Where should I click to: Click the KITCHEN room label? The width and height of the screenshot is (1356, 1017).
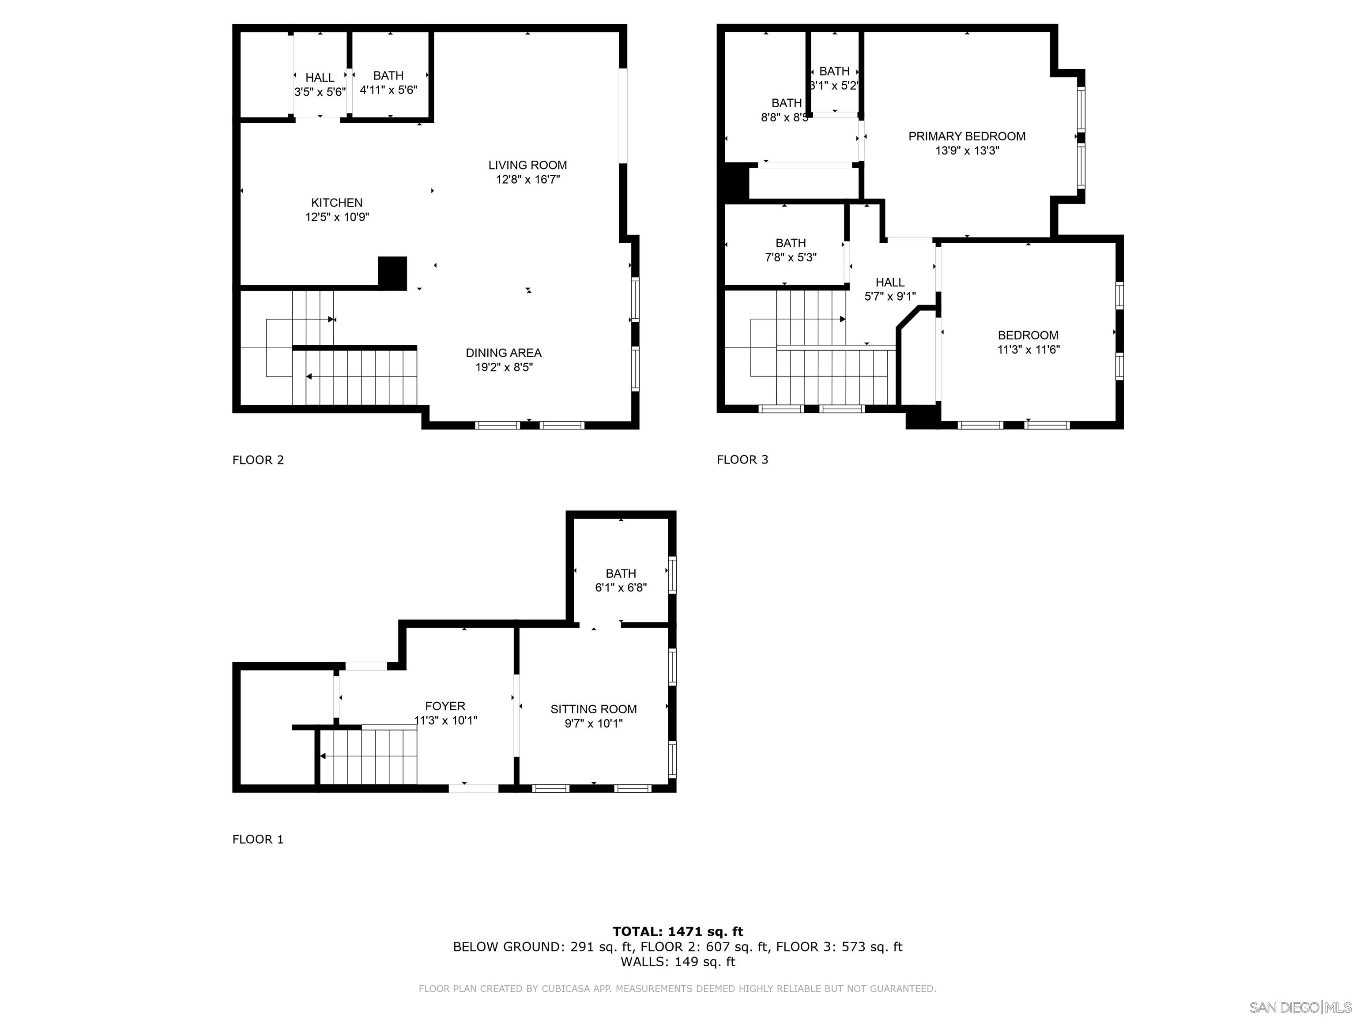pyautogui.click(x=336, y=202)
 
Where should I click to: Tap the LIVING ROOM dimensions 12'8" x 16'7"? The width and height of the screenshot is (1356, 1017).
pyautogui.click(x=527, y=180)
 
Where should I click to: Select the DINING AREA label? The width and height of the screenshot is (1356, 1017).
pyautogui.click(x=503, y=353)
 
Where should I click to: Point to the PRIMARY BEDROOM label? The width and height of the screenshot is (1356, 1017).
pyautogui.click(x=966, y=136)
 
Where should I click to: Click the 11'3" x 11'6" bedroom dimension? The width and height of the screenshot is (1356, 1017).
pyautogui.click(x=1028, y=350)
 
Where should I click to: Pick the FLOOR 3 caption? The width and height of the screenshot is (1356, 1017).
pyautogui.click(x=742, y=460)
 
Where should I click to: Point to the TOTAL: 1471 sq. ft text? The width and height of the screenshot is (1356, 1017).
pyautogui.click(x=678, y=932)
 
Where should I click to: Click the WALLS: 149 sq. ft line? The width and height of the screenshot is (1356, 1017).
pyautogui.click(x=678, y=961)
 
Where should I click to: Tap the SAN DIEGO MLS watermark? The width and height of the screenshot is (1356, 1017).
pyautogui.click(x=1299, y=1007)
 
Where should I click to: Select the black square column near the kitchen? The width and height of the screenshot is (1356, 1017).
pyautogui.click(x=392, y=272)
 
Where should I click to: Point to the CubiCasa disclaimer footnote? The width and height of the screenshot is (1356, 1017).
pyautogui.click(x=678, y=988)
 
